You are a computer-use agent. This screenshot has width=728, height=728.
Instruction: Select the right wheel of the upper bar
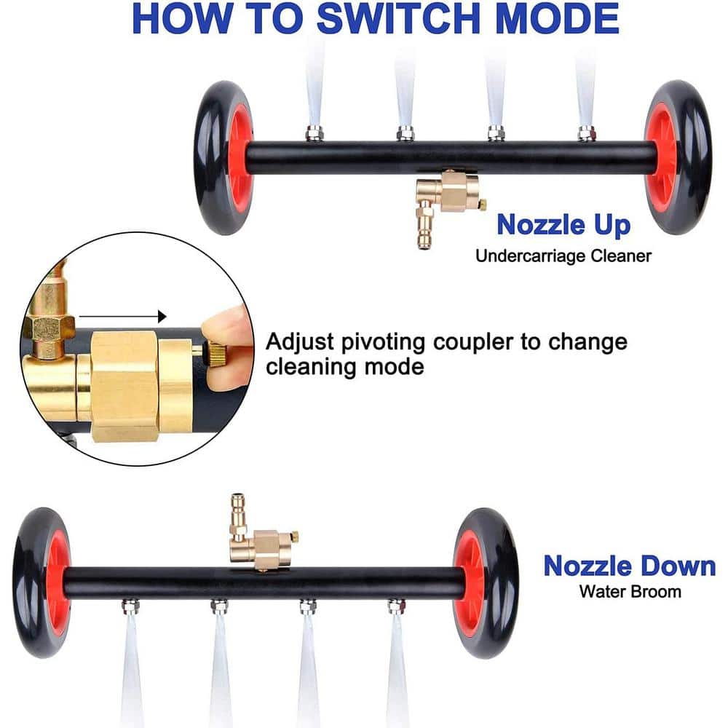pos(678,157)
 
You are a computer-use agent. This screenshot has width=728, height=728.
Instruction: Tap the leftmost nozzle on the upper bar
pos(314,134)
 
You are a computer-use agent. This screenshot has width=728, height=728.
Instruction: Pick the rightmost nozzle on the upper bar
pos(586,134)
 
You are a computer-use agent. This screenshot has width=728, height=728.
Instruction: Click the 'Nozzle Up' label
pos(563,225)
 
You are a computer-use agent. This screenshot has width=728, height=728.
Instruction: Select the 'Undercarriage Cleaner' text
pos(563,256)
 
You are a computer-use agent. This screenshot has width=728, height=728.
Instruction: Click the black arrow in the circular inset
pos(122,317)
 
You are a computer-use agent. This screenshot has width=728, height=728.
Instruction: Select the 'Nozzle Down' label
pos(630,566)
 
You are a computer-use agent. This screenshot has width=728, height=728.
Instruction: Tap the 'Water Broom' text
pos(630,591)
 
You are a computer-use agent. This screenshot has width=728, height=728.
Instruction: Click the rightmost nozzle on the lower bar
pos(396,606)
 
